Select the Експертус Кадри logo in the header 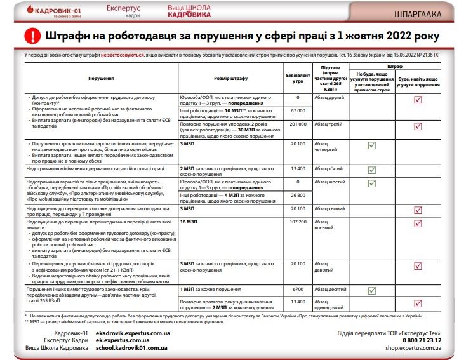click(122, 11)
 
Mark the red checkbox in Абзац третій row click(418, 126)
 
